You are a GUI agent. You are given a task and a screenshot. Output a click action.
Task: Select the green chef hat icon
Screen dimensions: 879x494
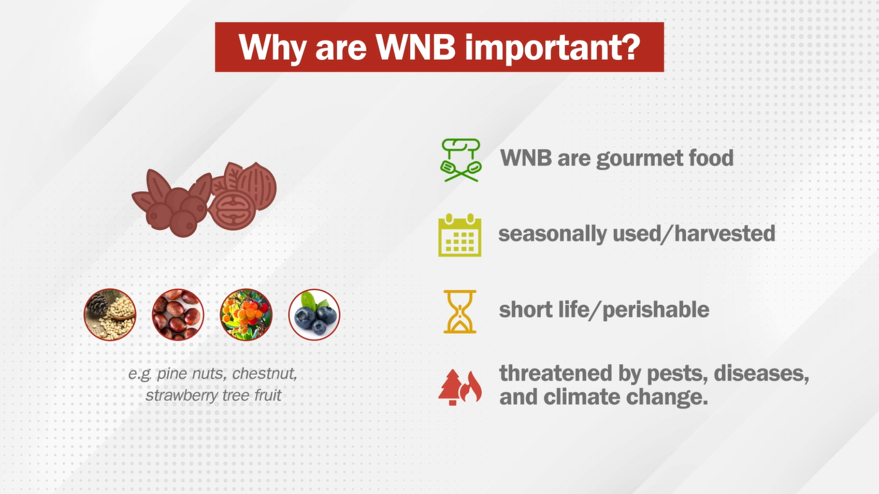[461, 160]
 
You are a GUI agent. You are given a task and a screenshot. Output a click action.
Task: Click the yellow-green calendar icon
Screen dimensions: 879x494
[460, 235]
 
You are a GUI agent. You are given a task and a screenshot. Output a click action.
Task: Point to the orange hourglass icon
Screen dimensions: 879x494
[460, 311]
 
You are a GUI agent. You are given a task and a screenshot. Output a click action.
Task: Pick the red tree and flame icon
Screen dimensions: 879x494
[460, 387]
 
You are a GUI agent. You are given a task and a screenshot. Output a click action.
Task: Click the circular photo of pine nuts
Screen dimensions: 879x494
[110, 315]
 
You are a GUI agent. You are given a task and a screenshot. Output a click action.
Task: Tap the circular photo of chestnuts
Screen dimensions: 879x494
[178, 315]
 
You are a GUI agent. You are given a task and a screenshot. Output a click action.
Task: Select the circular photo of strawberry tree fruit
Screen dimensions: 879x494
[246, 315]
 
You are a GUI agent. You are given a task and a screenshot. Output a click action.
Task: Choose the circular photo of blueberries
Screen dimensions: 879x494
[314, 315]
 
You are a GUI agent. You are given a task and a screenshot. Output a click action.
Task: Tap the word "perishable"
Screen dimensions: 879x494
[656, 309]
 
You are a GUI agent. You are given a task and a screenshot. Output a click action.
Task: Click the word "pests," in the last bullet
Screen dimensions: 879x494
[678, 373]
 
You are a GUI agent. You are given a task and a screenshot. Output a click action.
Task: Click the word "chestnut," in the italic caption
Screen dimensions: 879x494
[264, 373]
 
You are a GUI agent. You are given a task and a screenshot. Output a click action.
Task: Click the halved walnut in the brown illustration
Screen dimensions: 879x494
[232, 209]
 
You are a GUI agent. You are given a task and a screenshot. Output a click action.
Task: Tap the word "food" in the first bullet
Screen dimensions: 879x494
[710, 158]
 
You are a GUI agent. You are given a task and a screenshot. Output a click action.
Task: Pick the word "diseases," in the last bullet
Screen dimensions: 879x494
[761, 373]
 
